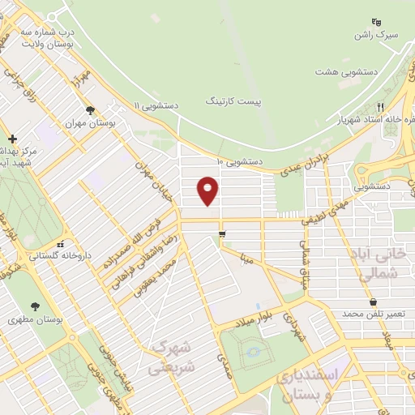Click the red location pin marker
(208, 191)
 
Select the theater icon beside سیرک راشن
(375, 21)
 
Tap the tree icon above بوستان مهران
(90, 110)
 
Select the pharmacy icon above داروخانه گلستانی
(60, 244)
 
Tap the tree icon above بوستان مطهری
(35, 305)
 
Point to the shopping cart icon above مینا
(221, 235)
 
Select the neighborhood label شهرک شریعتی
(169, 357)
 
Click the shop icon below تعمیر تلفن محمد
(372, 302)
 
